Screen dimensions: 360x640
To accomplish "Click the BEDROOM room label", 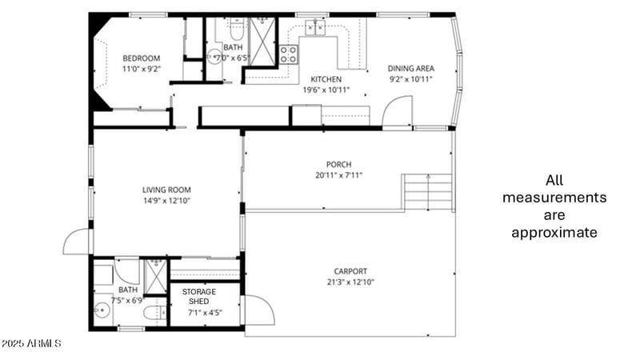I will [141, 58].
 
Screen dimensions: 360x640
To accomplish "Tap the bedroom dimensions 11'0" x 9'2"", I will [141, 70].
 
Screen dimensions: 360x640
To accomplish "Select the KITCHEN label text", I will [326, 79].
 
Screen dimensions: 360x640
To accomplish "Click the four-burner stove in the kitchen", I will [289, 55].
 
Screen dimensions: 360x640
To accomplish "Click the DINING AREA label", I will [410, 69].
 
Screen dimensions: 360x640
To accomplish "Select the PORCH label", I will [339, 164].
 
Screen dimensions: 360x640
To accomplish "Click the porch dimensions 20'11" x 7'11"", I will [339, 175].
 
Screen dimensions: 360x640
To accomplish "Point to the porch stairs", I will [427, 192].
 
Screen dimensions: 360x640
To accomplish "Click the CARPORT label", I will [350, 271].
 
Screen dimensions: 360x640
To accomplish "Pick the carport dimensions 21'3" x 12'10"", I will [350, 282].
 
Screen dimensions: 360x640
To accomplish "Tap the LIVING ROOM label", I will [166, 190].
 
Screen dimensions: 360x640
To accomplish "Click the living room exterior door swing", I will [78, 242].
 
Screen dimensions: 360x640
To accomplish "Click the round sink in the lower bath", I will [102, 310].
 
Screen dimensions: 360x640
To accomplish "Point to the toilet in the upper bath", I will [235, 33].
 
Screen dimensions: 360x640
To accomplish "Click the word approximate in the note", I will [554, 233].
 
